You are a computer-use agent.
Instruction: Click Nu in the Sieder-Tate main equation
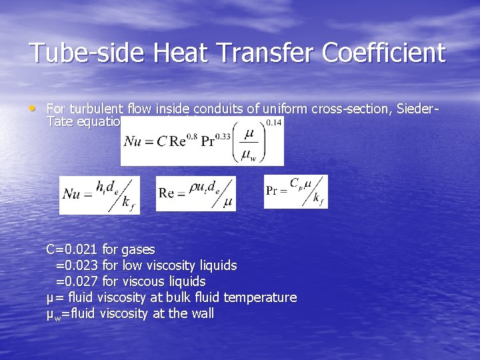pyautogui.click(x=135, y=141)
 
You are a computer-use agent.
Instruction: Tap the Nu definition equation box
pyautogui.click(x=99, y=194)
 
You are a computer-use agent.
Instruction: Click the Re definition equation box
pyautogui.click(x=197, y=193)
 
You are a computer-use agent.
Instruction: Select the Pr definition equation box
pyautogui.click(x=295, y=191)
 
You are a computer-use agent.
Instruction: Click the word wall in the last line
pyautogui.click(x=201, y=313)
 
